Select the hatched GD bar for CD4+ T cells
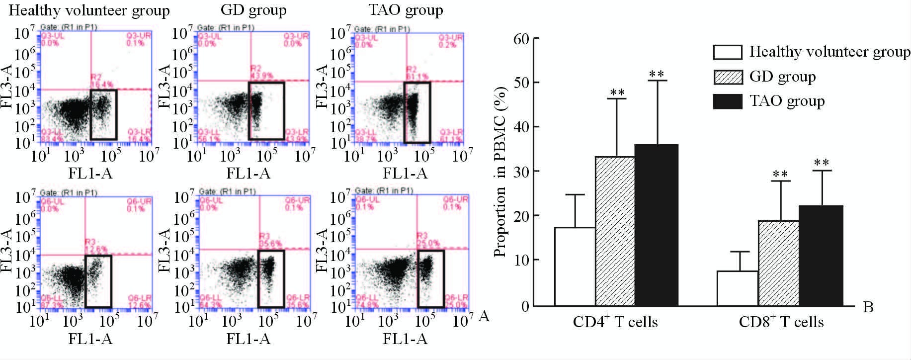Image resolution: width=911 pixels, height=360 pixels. tap(615, 231)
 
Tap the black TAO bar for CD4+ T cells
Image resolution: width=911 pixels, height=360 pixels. tap(657, 225)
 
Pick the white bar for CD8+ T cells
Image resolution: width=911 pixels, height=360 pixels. tap(737, 288)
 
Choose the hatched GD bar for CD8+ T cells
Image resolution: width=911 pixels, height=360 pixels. tap(778, 263)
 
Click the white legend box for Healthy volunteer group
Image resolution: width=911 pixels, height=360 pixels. tap(727, 52)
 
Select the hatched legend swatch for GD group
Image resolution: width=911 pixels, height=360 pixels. tap(727, 77)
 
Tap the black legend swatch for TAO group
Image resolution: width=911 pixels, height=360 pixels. tap(727, 101)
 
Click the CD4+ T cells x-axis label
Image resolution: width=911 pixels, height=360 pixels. tap(615, 323)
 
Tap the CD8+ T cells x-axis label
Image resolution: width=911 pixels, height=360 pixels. tap(781, 323)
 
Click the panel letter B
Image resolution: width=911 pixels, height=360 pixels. tap(868, 307)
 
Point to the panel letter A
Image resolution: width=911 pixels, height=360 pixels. tap(484, 316)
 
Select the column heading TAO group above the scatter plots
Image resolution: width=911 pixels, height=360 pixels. tap(406, 9)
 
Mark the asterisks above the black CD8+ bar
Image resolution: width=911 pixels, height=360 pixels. tap(821, 163)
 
